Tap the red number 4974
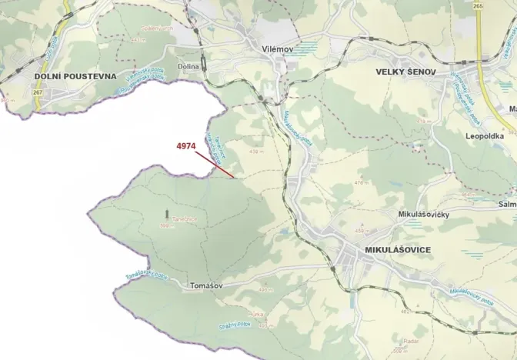pos(187,145)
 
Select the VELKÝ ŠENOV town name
pos(405,72)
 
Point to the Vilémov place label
pos(278,48)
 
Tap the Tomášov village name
pos(206,285)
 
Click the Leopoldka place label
pos(484,135)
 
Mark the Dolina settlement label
pos(188,67)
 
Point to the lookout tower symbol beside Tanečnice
pos(165,210)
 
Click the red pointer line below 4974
pos(215,165)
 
